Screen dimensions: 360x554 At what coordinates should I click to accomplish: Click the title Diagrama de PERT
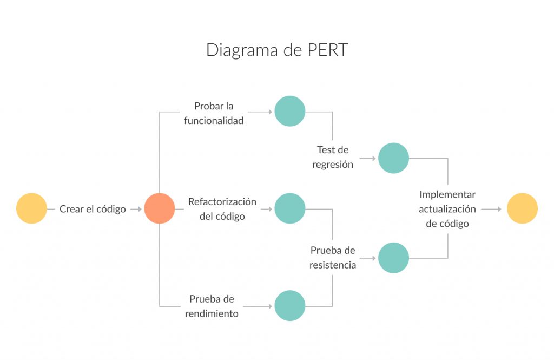(x=277, y=50)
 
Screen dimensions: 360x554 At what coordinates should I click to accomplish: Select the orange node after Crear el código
(x=160, y=208)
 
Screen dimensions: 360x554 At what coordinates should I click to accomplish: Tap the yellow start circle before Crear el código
(x=31, y=208)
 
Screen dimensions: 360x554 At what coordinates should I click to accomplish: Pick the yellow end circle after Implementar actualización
(x=522, y=208)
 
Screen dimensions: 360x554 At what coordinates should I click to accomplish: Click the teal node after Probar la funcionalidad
(x=290, y=111)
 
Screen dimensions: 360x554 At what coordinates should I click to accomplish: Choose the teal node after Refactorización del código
(x=290, y=208)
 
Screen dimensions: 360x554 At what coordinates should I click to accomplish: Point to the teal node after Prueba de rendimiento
(x=290, y=306)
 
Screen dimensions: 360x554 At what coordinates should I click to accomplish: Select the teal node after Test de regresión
(x=393, y=158)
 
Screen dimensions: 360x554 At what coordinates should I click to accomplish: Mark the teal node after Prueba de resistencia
(x=393, y=258)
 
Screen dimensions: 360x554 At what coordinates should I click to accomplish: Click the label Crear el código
(x=93, y=209)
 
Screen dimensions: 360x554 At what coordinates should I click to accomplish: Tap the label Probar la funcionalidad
(x=214, y=113)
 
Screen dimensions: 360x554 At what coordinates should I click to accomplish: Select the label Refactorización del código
(x=222, y=209)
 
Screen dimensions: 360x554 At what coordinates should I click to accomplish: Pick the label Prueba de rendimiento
(x=212, y=306)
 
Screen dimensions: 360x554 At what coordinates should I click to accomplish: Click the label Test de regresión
(x=333, y=157)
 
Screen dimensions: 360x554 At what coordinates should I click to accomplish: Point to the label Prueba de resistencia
(x=333, y=258)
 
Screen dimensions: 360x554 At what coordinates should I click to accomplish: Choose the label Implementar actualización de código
(x=447, y=208)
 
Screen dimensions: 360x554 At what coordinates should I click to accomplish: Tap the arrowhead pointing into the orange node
(x=140, y=208)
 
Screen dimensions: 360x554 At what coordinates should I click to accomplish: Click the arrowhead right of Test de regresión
(x=373, y=159)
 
